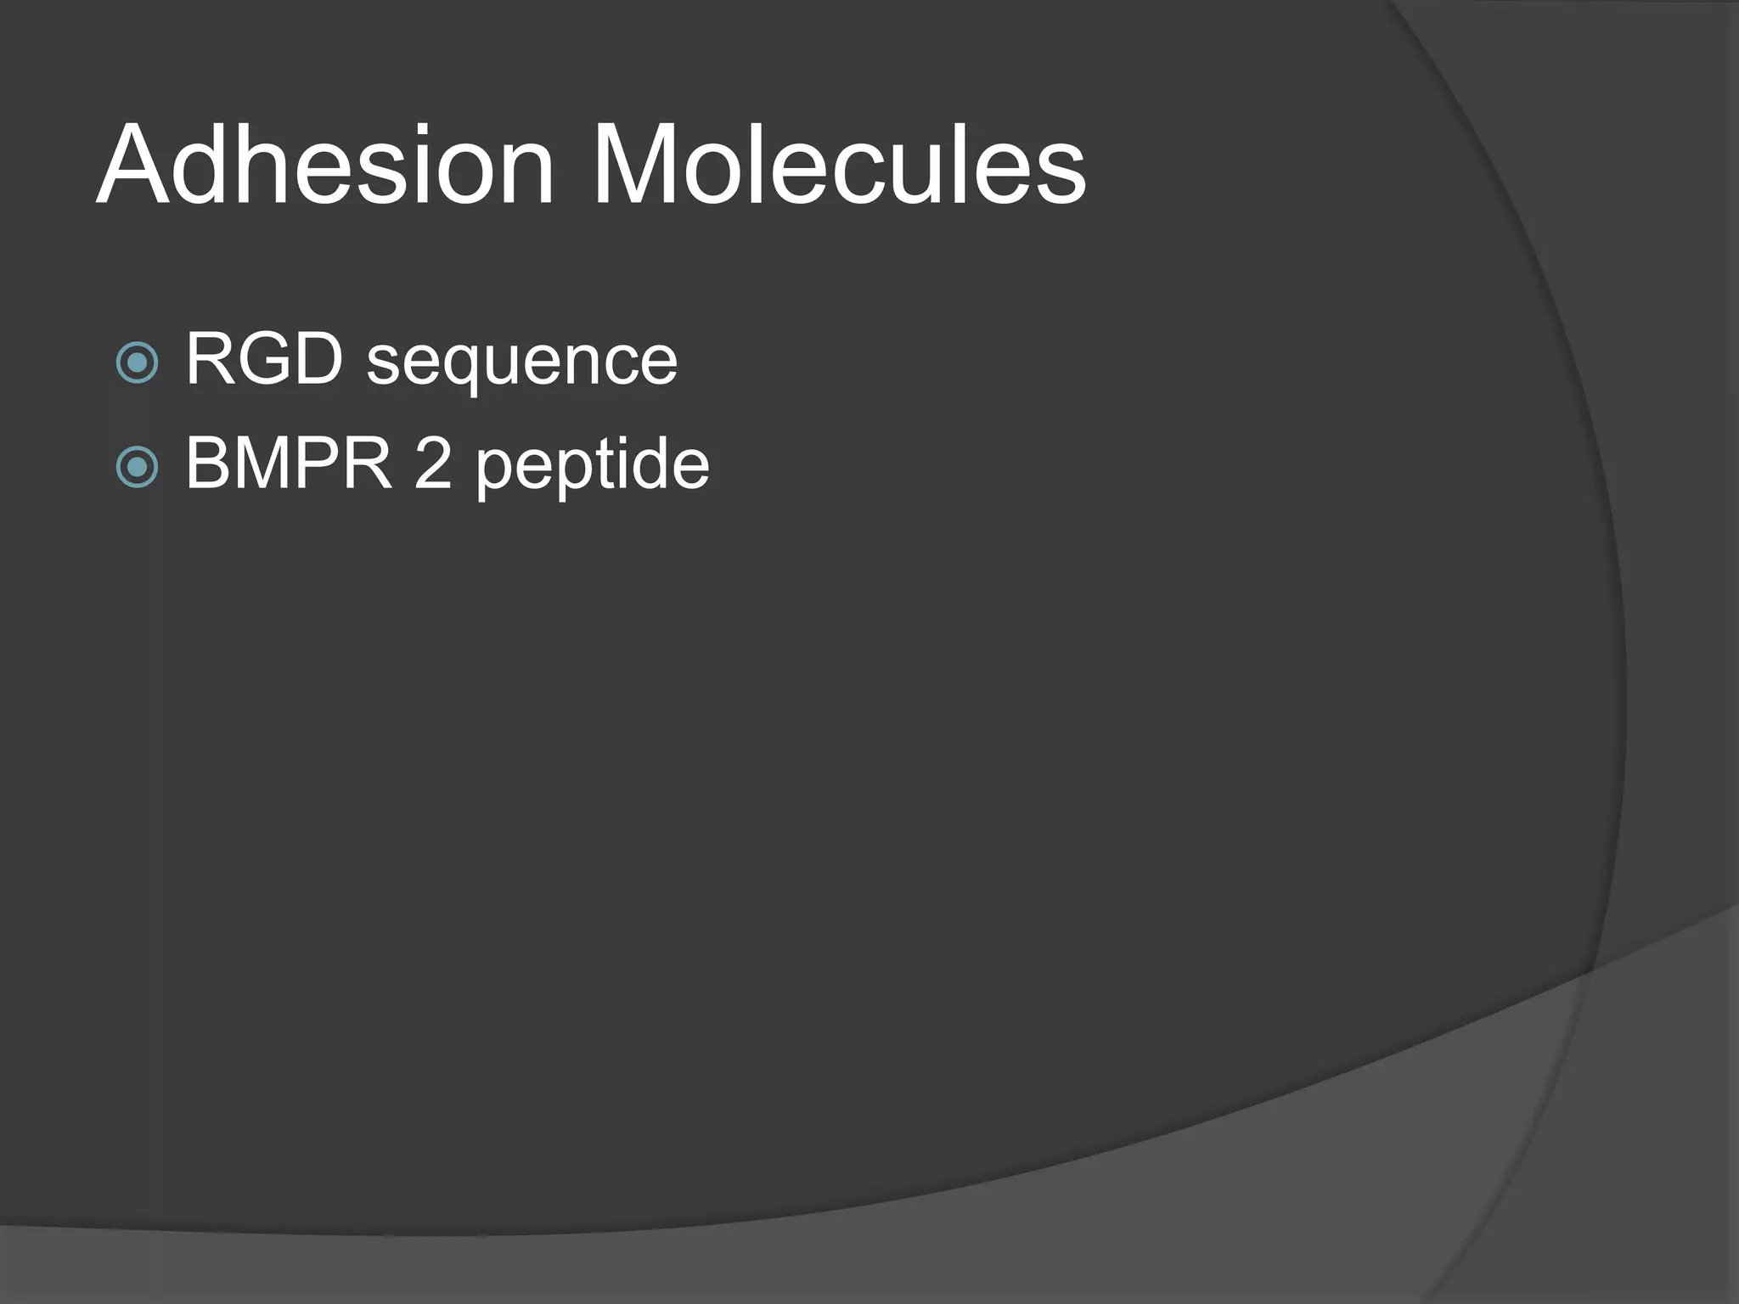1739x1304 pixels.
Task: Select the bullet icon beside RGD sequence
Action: (137, 363)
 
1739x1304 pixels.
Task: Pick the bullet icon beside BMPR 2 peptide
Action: (137, 466)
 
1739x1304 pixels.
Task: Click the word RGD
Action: (264, 359)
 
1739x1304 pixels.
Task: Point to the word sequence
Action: (521, 363)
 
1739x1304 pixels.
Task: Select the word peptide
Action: (592, 467)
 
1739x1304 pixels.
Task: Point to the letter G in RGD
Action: (267, 359)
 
